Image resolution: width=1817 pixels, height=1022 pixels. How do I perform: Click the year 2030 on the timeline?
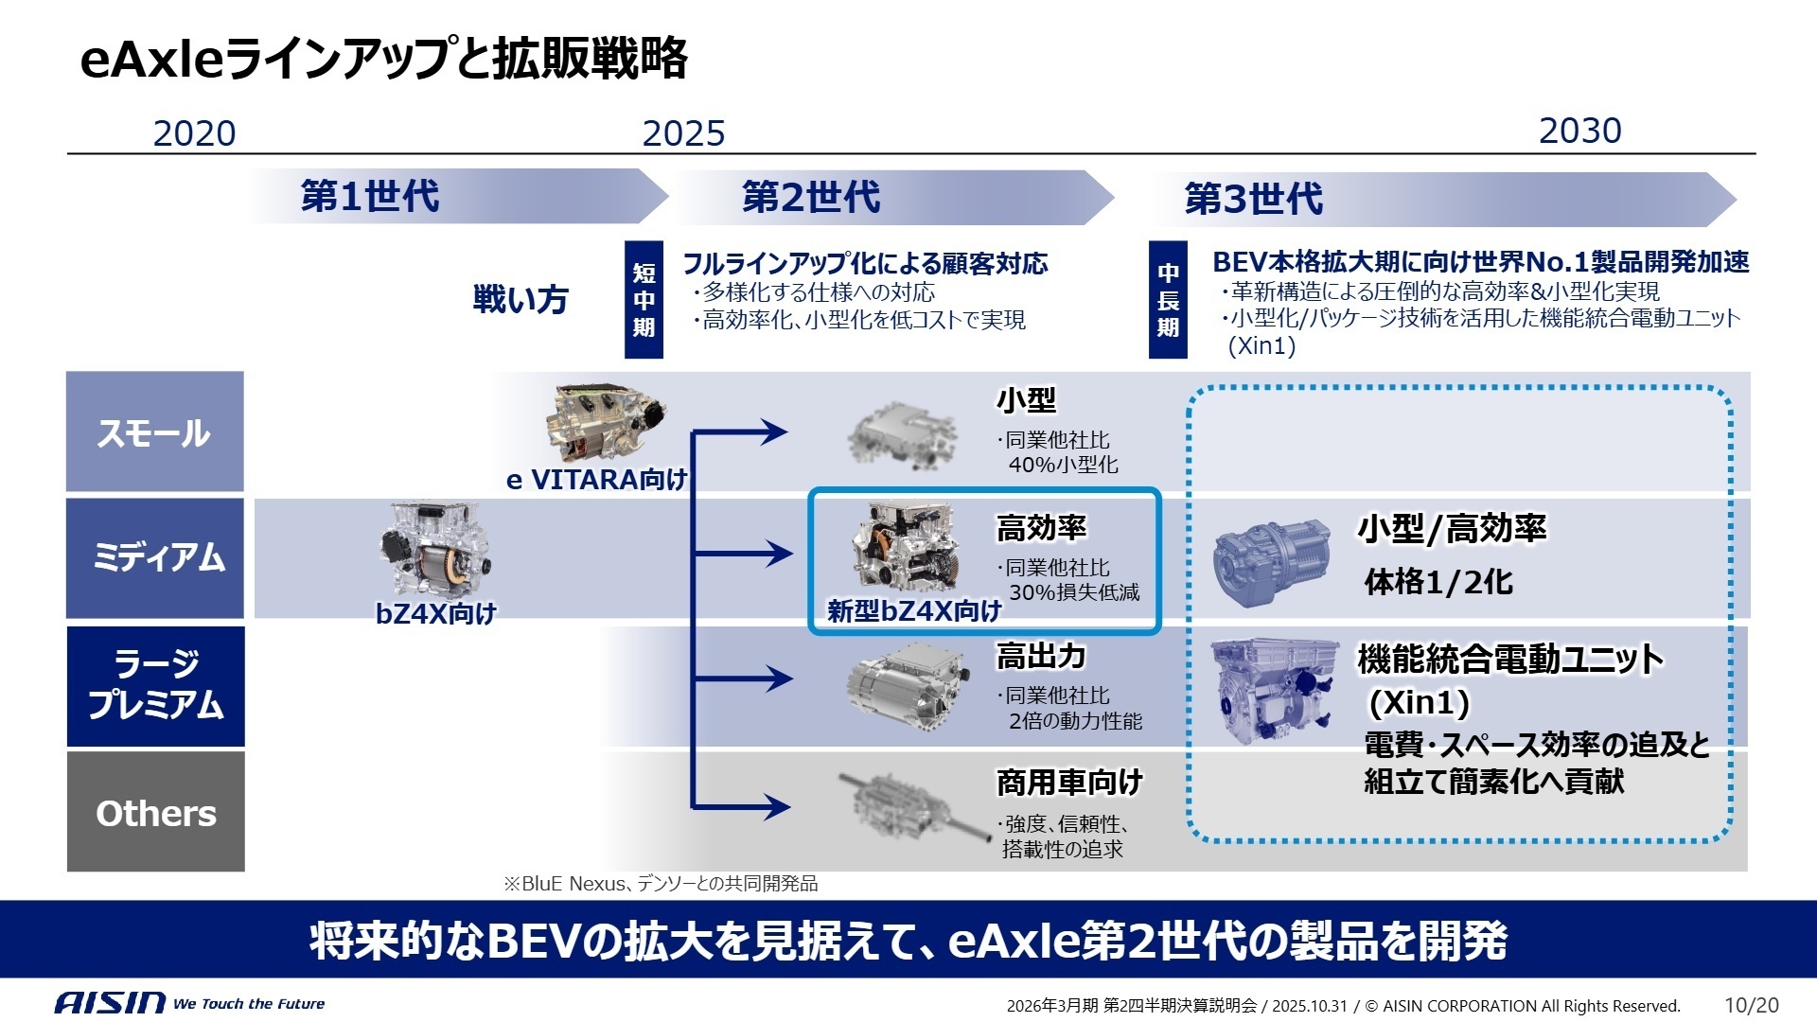1579,131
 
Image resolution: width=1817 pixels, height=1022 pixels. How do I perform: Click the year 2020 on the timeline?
194,133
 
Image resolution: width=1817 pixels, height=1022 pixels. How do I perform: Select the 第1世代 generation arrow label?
370,197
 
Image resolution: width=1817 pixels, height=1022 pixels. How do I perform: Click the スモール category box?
155,432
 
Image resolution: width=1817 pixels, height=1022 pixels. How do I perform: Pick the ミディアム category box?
155,557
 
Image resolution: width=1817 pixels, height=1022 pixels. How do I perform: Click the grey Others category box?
155,812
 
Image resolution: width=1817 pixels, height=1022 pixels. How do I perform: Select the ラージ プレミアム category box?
155,685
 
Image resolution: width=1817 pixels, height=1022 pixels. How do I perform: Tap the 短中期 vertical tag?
644,300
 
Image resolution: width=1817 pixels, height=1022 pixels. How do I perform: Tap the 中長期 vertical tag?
1168,300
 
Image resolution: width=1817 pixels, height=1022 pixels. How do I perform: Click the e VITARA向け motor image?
606,423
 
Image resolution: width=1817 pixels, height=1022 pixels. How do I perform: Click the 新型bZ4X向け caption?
913,611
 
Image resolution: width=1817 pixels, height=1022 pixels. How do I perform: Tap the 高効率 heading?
1041,528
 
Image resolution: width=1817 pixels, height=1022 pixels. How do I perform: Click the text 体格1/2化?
1438,582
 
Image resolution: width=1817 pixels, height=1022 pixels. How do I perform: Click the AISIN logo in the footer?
110,1003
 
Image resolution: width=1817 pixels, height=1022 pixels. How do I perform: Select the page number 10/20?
1751,1005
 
